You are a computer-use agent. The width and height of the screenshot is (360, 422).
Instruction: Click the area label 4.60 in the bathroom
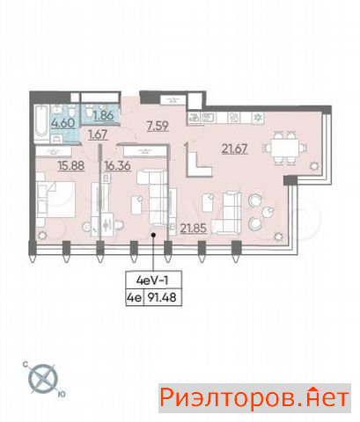[63, 123]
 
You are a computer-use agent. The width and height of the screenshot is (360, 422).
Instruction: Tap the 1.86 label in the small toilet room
[103, 115]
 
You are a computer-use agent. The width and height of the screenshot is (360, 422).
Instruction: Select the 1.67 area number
[98, 135]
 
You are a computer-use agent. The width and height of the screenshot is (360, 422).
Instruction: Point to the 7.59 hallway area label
[158, 126]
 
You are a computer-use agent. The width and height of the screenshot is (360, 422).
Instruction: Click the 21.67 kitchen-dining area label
[234, 149]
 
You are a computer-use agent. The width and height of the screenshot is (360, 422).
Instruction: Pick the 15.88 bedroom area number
[71, 165]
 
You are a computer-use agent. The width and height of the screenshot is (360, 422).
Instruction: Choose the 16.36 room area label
[117, 165]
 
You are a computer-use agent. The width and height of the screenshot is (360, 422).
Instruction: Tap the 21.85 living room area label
[193, 228]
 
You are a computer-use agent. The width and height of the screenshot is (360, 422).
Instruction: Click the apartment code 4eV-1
[152, 280]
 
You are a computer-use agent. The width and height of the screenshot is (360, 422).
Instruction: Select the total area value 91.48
[162, 297]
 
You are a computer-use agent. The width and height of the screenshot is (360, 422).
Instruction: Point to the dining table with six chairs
[284, 148]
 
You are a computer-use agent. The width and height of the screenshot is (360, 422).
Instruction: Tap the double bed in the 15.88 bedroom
[55, 200]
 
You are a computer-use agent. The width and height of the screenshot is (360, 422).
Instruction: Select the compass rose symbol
[43, 379]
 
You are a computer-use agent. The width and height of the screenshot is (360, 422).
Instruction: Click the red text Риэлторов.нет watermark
[254, 398]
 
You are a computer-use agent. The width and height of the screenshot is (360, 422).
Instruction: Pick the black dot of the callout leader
[153, 235]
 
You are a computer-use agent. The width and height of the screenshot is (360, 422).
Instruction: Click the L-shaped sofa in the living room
[226, 214]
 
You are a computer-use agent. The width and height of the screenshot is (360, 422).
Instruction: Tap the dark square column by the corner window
[290, 180]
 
